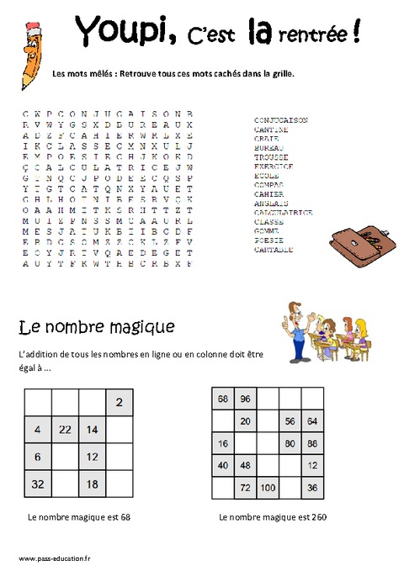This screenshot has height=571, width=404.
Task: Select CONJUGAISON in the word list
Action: click(281, 120)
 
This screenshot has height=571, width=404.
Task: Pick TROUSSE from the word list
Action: click(271, 157)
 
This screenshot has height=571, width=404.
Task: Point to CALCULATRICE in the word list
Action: click(283, 213)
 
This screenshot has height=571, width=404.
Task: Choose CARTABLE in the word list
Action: click(274, 250)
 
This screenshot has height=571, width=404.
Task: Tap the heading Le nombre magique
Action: click(96, 325)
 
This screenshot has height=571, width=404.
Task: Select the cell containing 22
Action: click(66, 430)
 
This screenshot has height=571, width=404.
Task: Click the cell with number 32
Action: click(39, 484)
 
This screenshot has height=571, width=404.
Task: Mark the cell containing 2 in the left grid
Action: click(120, 403)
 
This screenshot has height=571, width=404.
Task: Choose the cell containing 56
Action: click(290, 421)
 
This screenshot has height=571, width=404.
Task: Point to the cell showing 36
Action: click(312, 487)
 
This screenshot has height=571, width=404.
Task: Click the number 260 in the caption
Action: click(317, 517)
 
